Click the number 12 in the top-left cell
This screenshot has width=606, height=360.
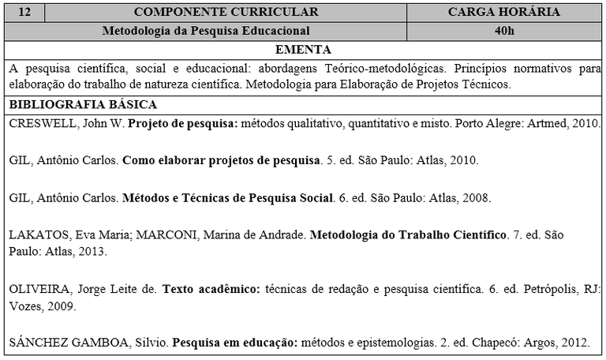(24, 12)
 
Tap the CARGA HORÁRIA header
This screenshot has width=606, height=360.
(504, 12)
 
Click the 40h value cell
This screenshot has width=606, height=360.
(504, 31)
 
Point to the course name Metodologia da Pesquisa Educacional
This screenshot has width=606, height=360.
(206, 31)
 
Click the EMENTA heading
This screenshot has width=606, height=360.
(302, 49)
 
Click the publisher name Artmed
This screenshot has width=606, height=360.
(549, 124)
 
